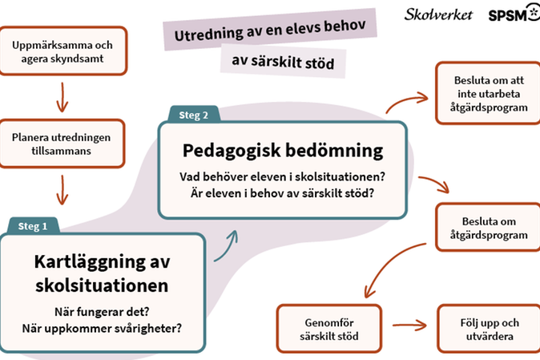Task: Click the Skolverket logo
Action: point(438,14)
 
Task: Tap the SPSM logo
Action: point(514,14)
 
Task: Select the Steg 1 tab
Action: point(33,226)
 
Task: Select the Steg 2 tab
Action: point(194,115)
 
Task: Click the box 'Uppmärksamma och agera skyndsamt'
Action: point(63,51)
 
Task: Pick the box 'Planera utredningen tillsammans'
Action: point(62,144)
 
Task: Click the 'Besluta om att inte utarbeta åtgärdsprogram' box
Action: point(489,93)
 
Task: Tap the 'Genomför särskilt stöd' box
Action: point(329,329)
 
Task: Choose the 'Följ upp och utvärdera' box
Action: point(489,329)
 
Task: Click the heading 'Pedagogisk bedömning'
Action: point(283,151)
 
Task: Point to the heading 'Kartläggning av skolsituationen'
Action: point(103,273)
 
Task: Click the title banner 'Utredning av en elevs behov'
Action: point(270,30)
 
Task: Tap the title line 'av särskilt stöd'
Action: point(283,61)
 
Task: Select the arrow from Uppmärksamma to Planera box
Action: point(62,97)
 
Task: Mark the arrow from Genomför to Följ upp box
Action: point(409,325)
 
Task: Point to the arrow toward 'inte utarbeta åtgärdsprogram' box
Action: point(406,100)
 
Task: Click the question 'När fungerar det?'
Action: point(102,312)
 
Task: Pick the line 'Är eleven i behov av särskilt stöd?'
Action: point(282,193)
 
